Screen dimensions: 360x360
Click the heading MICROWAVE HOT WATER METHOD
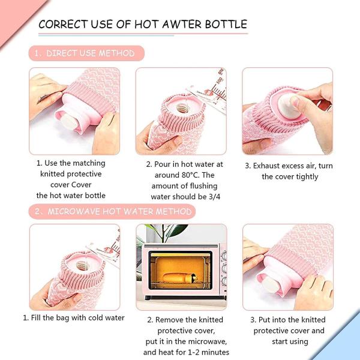point(119,211)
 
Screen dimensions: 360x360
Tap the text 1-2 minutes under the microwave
point(205,352)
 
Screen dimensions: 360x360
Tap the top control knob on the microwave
point(224,256)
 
